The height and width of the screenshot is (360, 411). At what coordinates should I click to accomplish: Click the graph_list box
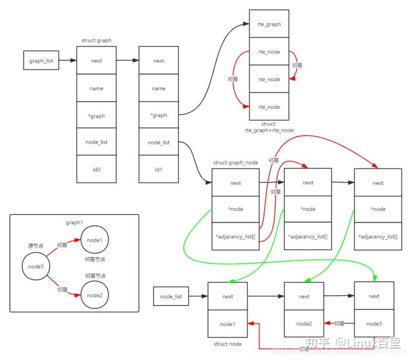[x=41, y=61]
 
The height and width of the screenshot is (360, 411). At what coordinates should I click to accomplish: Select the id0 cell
[x=97, y=168]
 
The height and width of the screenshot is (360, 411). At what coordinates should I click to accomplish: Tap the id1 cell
[x=158, y=168]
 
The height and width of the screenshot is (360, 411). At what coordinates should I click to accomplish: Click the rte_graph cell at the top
[x=269, y=24]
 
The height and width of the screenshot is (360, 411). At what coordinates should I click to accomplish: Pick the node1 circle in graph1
[x=94, y=240]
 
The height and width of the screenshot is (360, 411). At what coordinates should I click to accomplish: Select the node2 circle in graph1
[x=94, y=295]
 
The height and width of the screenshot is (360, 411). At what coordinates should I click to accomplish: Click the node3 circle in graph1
[x=36, y=267]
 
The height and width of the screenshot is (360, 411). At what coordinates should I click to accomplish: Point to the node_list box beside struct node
[x=171, y=297]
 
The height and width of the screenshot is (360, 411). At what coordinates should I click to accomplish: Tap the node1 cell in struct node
[x=227, y=324]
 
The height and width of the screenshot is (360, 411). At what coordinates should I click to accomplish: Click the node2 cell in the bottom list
[x=304, y=324]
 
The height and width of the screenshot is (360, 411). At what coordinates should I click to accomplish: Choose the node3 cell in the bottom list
[x=374, y=324]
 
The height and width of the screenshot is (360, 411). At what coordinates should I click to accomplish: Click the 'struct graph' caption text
[x=96, y=40]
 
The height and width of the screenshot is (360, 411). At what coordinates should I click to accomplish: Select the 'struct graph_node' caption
[x=235, y=162]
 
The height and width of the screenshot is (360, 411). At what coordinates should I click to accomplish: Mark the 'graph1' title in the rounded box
[x=73, y=222]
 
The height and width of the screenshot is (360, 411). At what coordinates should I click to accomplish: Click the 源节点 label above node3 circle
[x=36, y=245]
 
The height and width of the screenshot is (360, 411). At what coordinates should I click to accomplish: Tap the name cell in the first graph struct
[x=97, y=88]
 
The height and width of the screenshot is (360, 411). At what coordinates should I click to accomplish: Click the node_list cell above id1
[x=158, y=142]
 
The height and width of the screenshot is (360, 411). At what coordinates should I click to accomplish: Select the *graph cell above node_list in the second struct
[x=158, y=115]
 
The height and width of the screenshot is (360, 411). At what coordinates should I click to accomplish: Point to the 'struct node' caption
[x=227, y=344]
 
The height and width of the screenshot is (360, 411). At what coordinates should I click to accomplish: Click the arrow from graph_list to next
[x=68, y=61]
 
